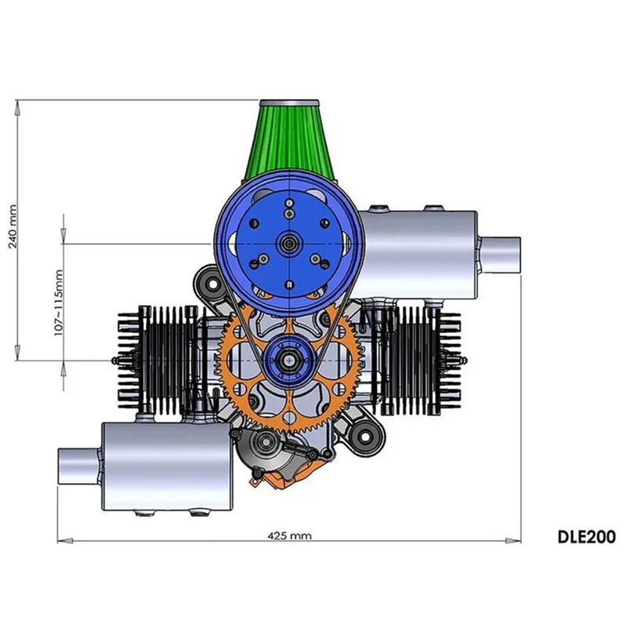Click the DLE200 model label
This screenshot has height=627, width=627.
point(586,538)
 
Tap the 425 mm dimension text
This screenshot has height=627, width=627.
point(289,536)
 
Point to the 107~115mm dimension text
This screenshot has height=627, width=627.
point(56,301)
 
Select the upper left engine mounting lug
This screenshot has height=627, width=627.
point(207,280)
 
